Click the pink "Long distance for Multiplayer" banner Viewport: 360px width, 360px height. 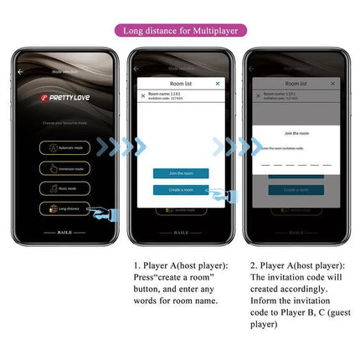180,31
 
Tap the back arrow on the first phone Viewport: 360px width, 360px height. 21,72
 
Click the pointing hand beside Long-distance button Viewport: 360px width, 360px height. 103,213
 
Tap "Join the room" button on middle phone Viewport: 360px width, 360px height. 181,173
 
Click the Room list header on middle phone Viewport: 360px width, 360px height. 181,84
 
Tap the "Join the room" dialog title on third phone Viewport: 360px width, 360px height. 296,133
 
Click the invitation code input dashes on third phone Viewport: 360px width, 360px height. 296,164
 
